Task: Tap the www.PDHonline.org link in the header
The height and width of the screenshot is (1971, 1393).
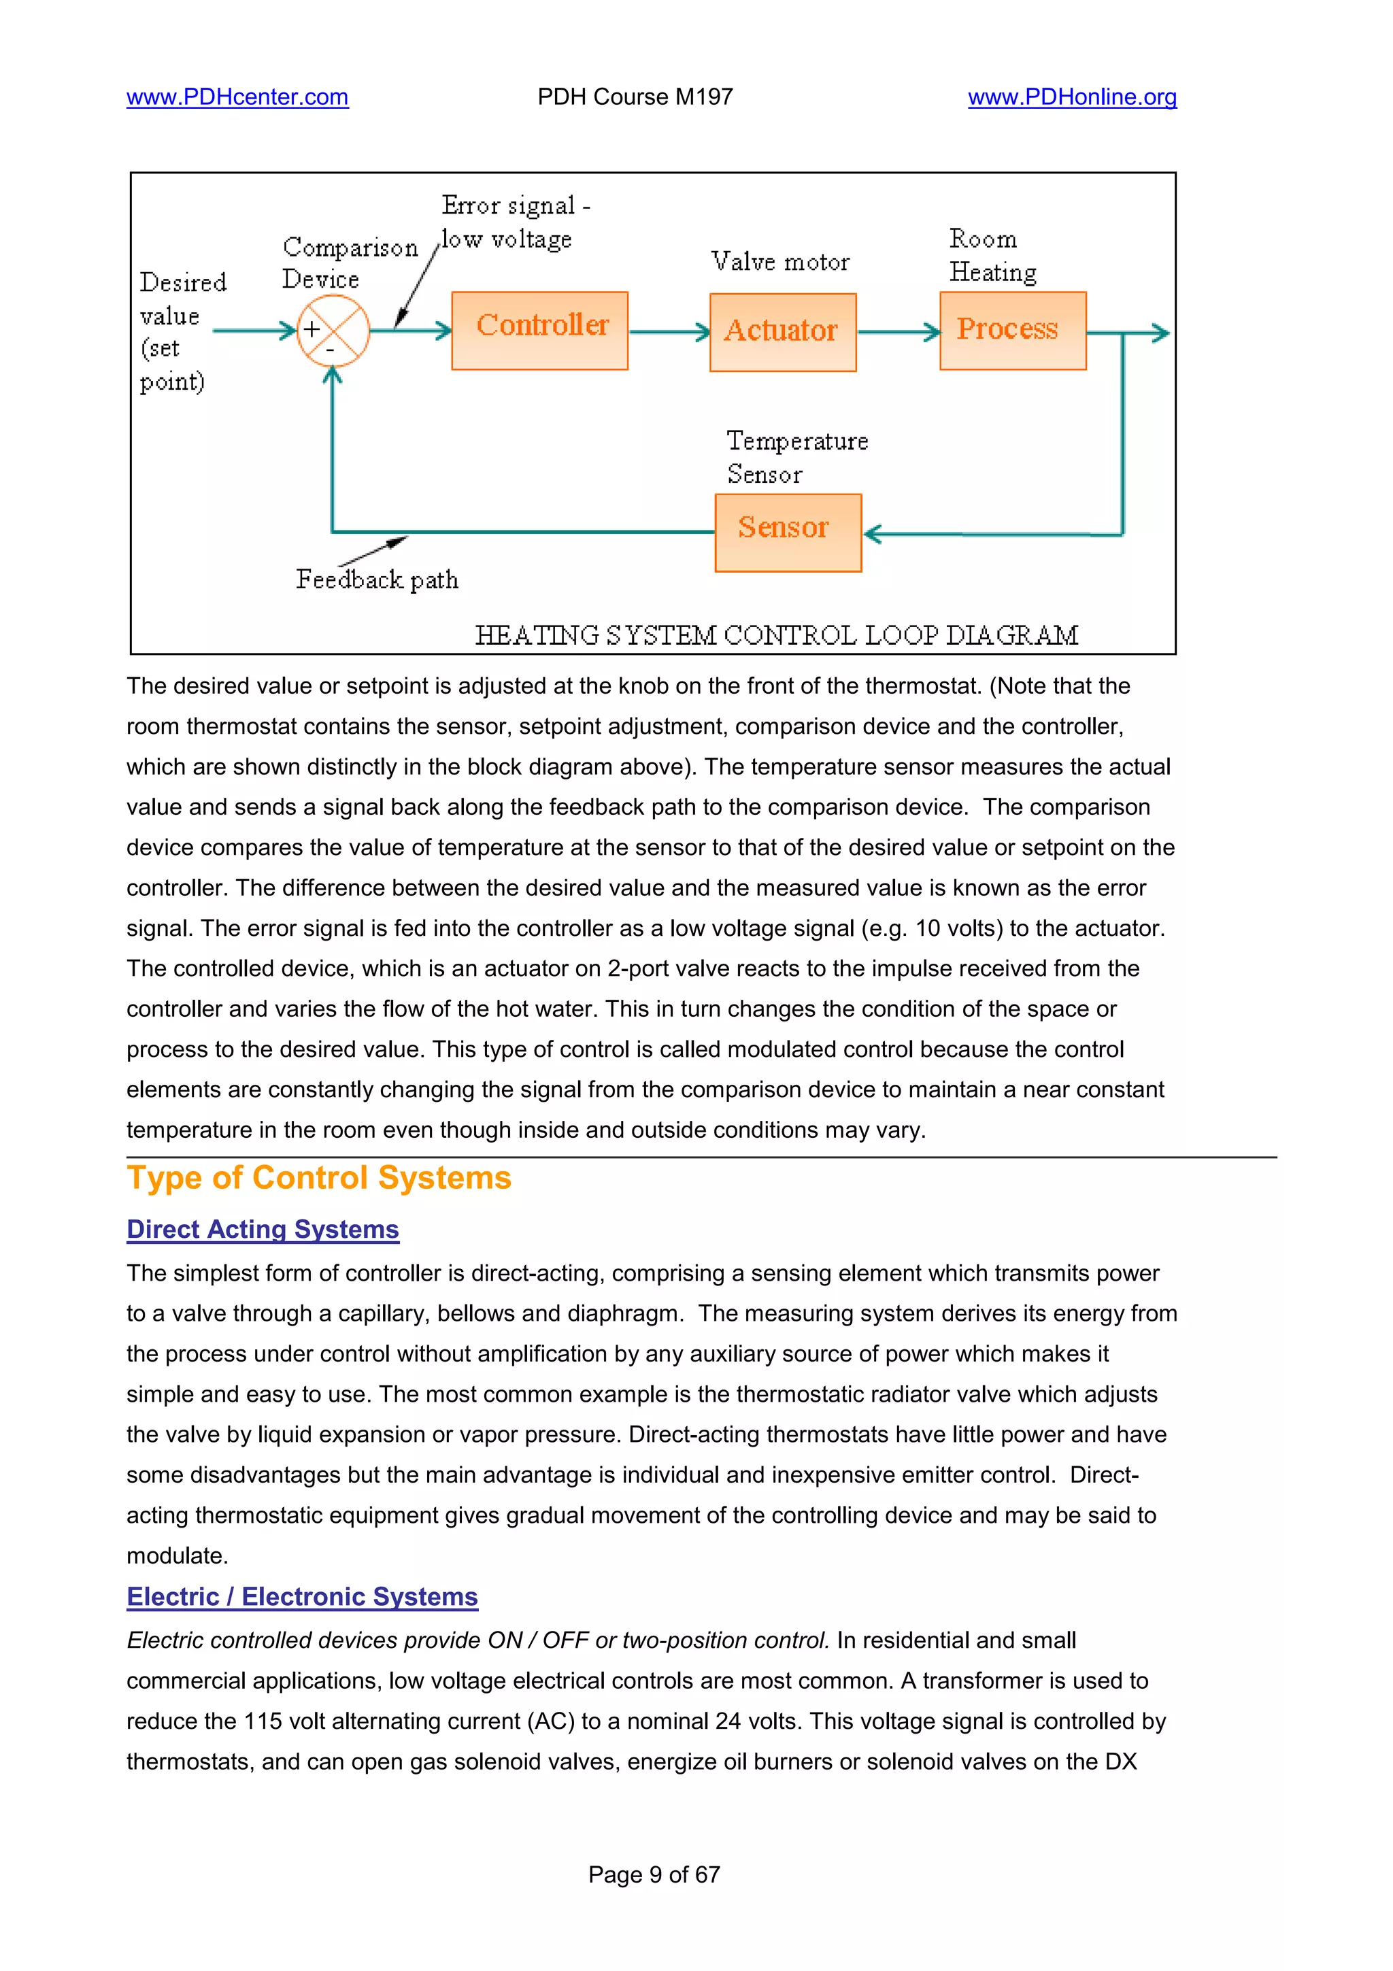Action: point(1071,97)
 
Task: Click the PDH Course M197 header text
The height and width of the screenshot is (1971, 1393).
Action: point(635,97)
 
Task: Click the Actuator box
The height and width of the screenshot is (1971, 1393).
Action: point(782,332)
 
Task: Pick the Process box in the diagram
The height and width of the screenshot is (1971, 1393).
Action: point(1012,331)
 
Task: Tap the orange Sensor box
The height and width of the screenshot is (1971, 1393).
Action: point(787,533)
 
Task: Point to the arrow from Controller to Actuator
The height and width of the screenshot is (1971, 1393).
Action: point(669,331)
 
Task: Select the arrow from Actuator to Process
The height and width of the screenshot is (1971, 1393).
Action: point(898,331)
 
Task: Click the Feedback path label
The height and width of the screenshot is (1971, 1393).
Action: point(377,580)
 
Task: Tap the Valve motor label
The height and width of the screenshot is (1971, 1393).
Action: point(779,262)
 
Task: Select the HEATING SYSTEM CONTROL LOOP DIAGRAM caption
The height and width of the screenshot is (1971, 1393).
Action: point(776,635)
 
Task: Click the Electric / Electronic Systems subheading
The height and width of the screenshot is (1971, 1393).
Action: point(302,1597)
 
